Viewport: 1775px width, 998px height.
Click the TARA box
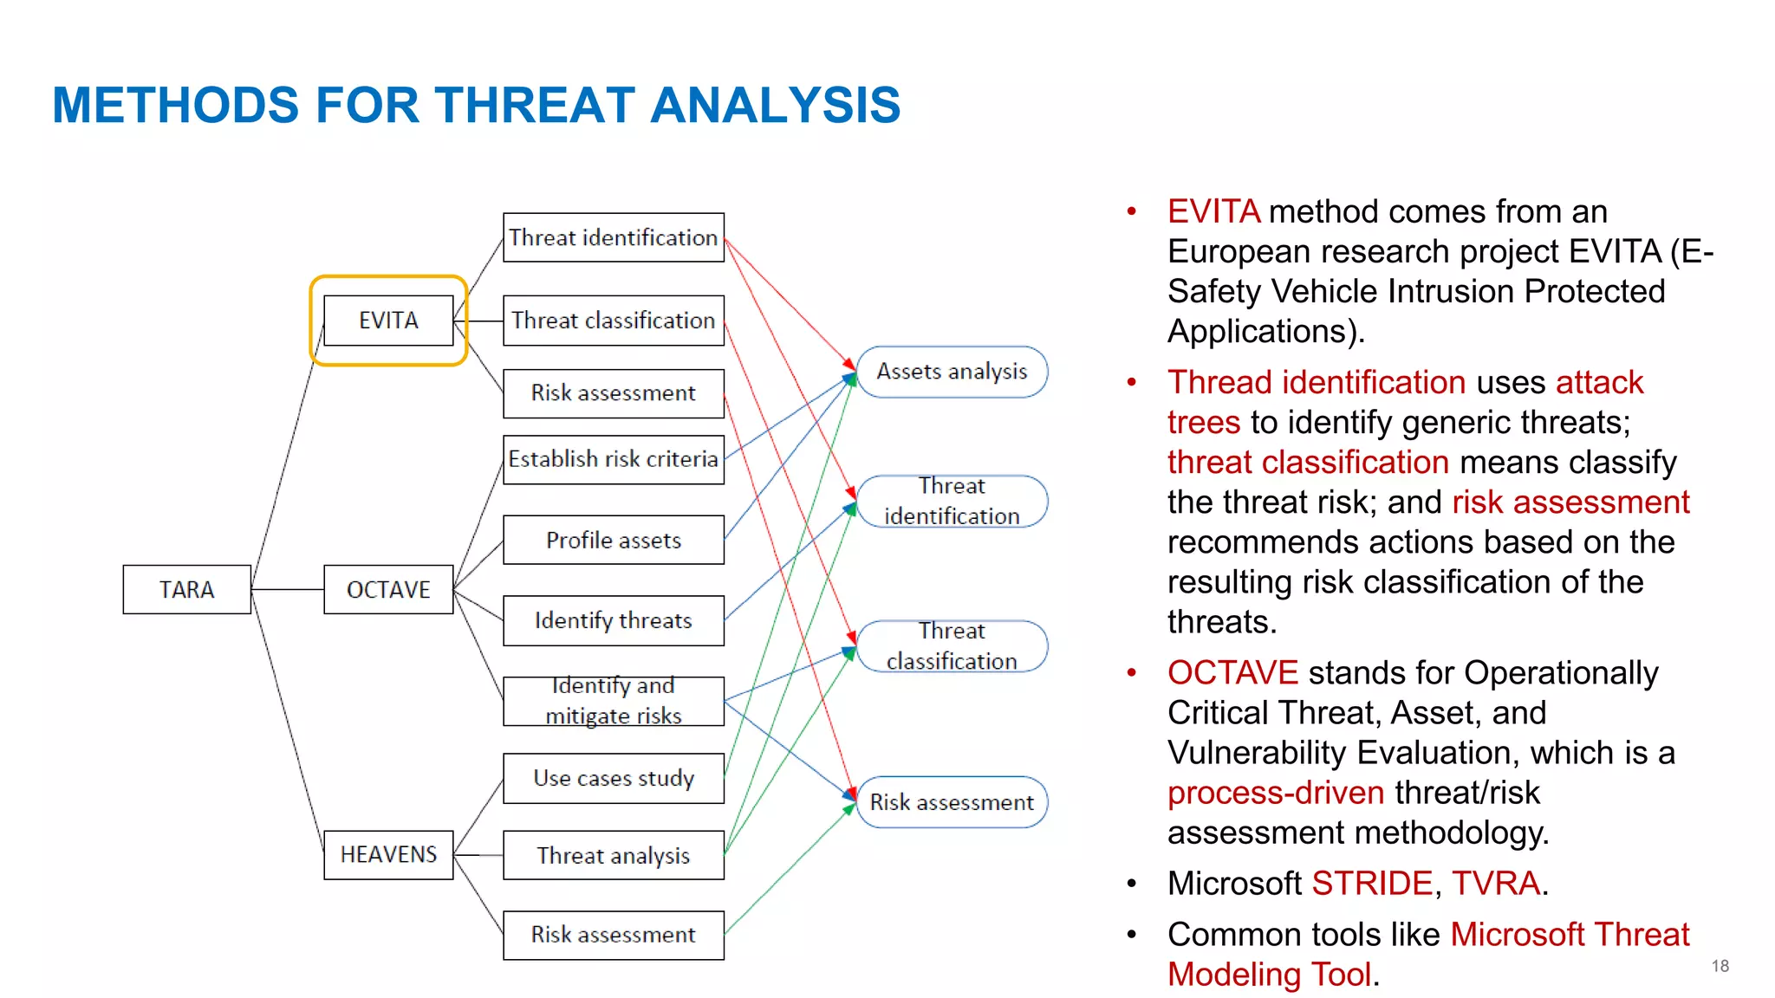[x=186, y=589]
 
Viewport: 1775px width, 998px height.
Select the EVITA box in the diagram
[x=388, y=321]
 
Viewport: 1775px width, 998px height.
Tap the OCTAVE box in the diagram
[x=388, y=589]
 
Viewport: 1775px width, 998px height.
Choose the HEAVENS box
[x=388, y=854]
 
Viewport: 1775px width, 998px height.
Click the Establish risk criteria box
[x=613, y=459]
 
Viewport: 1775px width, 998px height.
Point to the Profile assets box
[x=613, y=540]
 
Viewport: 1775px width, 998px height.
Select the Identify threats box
[x=613, y=620]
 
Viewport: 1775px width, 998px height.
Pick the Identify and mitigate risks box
[x=613, y=701]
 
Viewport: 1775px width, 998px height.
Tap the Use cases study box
[x=613, y=778]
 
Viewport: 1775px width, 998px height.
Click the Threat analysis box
[x=613, y=855]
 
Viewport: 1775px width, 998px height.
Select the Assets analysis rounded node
[x=952, y=372]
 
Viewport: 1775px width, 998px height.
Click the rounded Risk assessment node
[x=952, y=802]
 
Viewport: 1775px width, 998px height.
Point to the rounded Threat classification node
[x=952, y=646]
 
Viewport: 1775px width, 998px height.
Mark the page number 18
[x=1720, y=966]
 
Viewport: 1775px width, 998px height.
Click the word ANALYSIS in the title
[x=775, y=105]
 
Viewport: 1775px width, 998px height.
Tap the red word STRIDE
[x=1371, y=884]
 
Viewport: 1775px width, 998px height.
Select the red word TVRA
[x=1496, y=884]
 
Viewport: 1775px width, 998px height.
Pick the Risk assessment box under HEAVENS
[x=613, y=935]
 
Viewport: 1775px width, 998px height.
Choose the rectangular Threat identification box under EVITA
[x=613, y=237]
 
